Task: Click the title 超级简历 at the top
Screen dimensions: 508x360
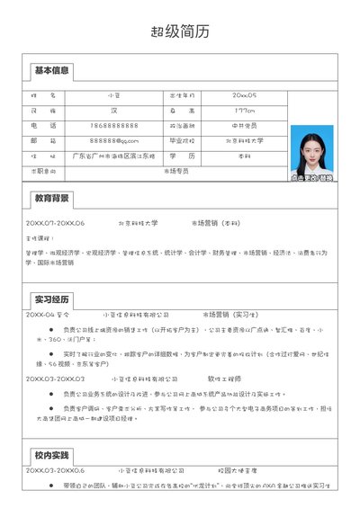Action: [x=180, y=31]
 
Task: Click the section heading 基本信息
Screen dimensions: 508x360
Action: [x=51, y=70]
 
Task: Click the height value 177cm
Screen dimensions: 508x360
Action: [x=244, y=110]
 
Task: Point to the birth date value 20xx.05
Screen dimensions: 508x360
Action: [x=244, y=94]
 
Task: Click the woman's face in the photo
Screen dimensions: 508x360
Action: [x=312, y=145]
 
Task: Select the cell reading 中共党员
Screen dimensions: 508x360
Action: [x=244, y=125]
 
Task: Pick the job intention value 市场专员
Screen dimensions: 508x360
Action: [x=176, y=170]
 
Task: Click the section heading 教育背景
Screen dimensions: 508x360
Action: [x=51, y=198]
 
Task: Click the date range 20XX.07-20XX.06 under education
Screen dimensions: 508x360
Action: [x=55, y=222]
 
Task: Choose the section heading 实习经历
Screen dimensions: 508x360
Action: [x=51, y=299]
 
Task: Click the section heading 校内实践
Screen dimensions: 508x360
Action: [x=51, y=455]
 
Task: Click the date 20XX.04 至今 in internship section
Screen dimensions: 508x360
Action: [x=48, y=316]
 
